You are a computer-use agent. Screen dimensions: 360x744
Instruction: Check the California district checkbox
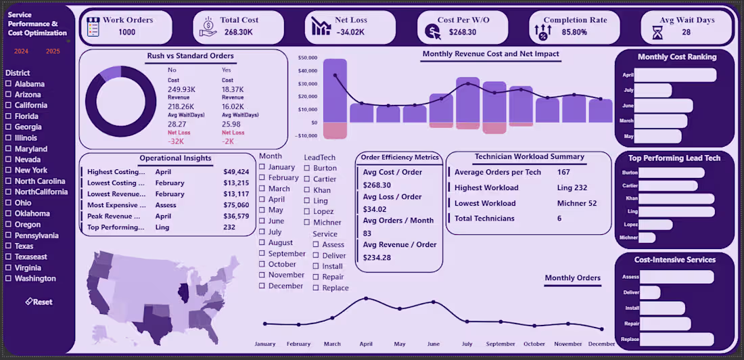click(8, 106)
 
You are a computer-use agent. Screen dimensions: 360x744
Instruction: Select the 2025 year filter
click(53, 51)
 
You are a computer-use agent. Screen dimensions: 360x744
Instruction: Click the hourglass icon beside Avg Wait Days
click(657, 32)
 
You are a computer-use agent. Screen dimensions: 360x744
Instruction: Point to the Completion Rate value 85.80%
click(569, 32)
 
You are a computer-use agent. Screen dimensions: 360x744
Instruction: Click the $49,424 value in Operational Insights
click(236, 172)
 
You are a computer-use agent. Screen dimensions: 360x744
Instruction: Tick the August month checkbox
click(262, 243)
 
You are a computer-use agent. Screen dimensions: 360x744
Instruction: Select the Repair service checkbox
click(316, 277)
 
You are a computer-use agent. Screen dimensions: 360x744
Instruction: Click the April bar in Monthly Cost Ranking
click(676, 75)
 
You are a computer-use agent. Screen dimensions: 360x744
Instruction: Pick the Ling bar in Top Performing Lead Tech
click(676, 212)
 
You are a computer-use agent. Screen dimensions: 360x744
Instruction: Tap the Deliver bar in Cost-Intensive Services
click(649, 292)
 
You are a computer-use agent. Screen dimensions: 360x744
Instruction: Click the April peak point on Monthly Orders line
click(366, 298)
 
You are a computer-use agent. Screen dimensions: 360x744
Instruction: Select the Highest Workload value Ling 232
click(572, 188)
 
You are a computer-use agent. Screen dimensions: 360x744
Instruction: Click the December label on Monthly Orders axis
click(601, 344)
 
